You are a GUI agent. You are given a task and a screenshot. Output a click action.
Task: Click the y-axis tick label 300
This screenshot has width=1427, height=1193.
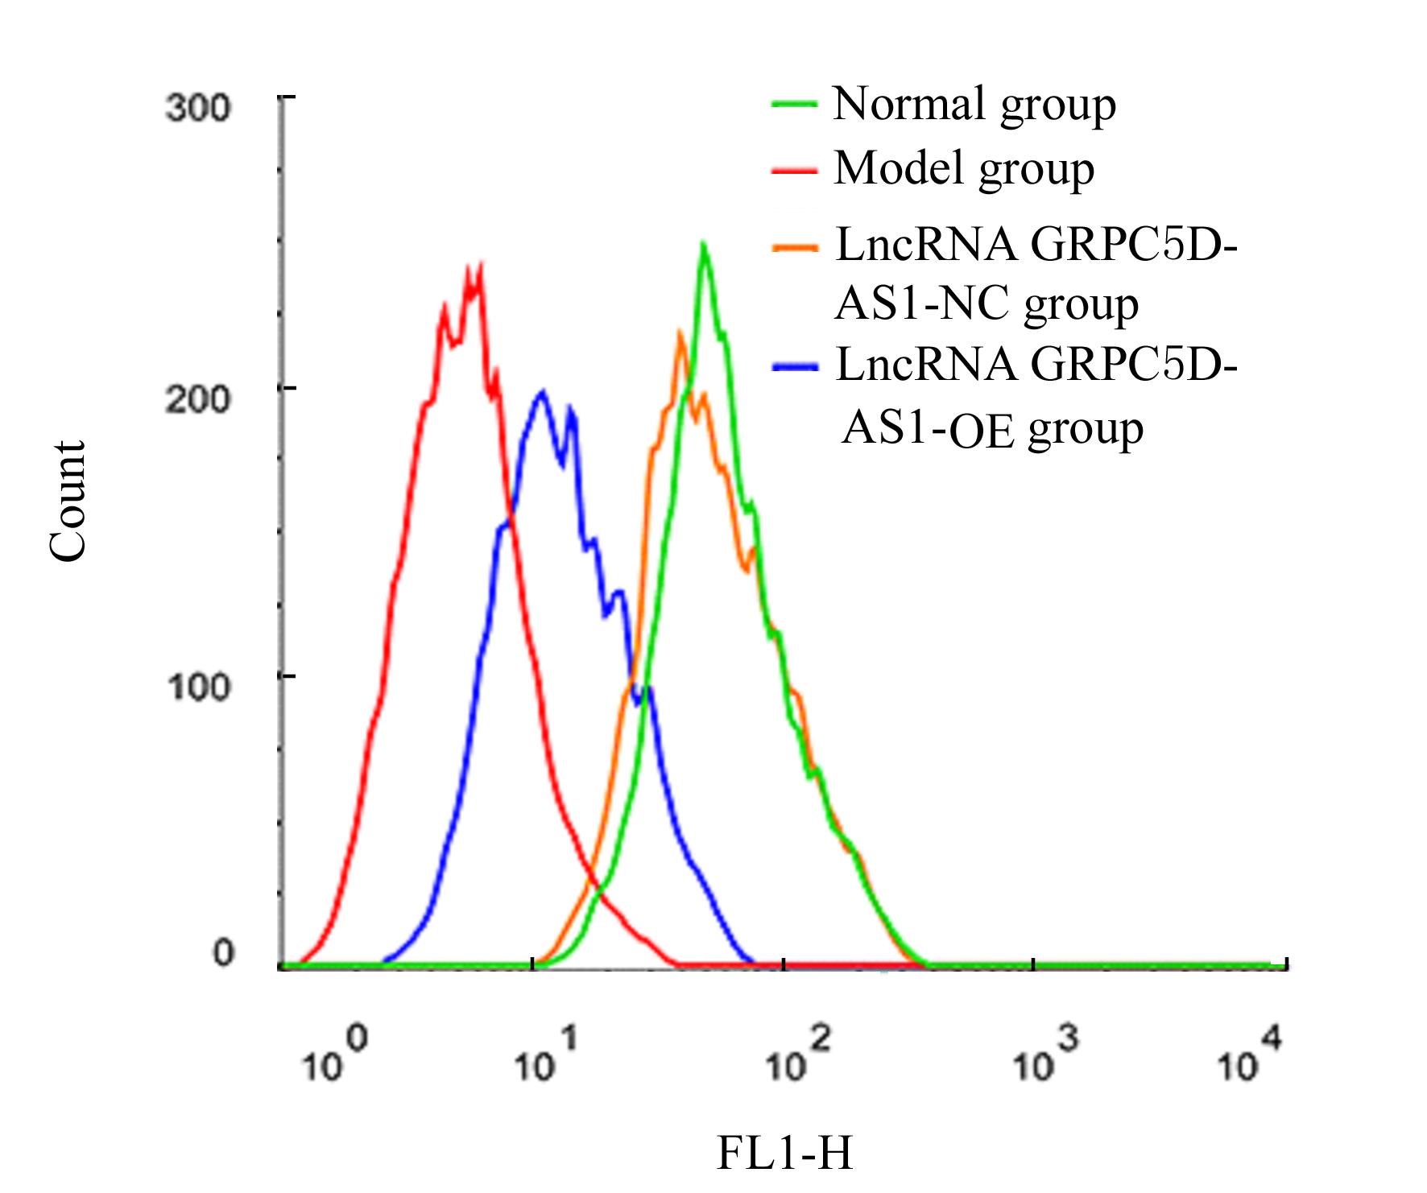tap(197, 108)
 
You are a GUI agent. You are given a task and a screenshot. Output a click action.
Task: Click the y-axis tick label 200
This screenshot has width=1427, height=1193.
tap(197, 399)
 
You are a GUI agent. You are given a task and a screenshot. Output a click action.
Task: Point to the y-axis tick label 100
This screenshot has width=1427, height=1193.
tap(197, 687)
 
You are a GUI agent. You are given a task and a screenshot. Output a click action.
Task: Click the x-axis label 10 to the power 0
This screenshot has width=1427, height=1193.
tap(333, 1057)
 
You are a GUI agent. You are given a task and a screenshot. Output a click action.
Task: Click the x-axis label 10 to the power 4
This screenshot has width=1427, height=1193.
tap(1248, 1057)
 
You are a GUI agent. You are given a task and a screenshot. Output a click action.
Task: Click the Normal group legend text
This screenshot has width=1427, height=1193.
tap(974, 105)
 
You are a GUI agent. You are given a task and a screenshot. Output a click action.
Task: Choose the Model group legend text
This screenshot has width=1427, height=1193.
tap(964, 169)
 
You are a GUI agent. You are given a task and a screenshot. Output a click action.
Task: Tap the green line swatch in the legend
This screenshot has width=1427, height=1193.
tap(794, 105)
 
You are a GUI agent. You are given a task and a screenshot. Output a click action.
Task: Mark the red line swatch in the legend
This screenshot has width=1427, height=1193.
tap(794, 171)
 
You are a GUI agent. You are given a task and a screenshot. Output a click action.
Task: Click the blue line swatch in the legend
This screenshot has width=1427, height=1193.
tap(794, 367)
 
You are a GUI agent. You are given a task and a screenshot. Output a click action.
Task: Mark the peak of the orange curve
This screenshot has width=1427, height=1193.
tap(680, 332)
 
